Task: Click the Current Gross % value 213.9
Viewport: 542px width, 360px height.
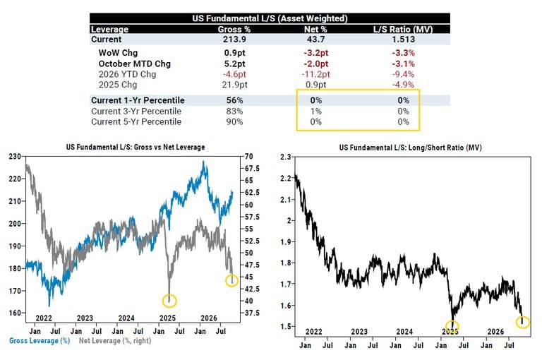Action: pyautogui.click(x=234, y=40)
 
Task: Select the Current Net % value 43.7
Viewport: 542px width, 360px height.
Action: pyautogui.click(x=315, y=40)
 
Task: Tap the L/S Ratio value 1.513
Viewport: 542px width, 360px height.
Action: pyautogui.click(x=403, y=40)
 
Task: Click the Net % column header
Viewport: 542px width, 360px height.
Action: pyautogui.click(x=315, y=30)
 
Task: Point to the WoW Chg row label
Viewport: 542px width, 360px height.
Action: pyautogui.click(x=118, y=53)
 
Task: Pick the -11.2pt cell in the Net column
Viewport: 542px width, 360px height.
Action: pyautogui.click(x=315, y=74)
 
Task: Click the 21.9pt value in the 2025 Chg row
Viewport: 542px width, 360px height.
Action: pyautogui.click(x=234, y=85)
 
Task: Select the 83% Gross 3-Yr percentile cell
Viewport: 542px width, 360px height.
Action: pyautogui.click(x=234, y=112)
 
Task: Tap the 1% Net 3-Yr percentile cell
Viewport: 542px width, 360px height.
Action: pyautogui.click(x=315, y=112)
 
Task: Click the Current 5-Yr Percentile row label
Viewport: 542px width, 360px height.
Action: pyautogui.click(x=136, y=121)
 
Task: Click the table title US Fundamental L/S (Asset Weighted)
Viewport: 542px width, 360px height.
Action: pyautogui.click(x=270, y=18)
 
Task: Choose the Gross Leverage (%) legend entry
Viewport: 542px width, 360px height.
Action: pyautogui.click(x=40, y=341)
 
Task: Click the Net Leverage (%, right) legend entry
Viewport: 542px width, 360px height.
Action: pyautogui.click(x=115, y=341)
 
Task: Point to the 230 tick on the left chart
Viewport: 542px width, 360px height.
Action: pyautogui.click(x=15, y=157)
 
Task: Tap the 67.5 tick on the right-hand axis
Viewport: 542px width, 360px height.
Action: pyautogui.click(x=252, y=169)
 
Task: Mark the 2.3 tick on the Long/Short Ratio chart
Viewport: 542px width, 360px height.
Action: pyautogui.click(x=286, y=157)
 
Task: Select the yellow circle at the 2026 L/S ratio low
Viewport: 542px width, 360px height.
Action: pyautogui.click(x=523, y=316)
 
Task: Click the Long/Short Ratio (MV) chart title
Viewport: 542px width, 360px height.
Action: pyautogui.click(x=410, y=148)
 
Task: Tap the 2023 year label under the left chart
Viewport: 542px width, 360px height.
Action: pyautogui.click(x=85, y=318)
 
